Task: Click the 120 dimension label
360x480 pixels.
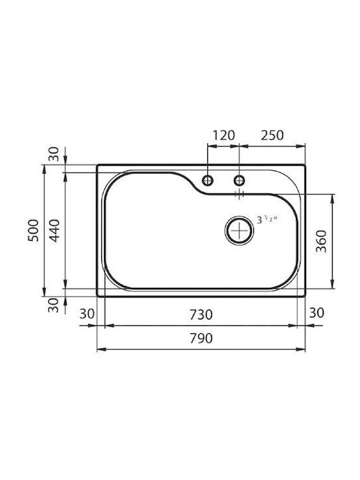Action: click(223, 135)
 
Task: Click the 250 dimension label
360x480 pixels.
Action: click(272, 135)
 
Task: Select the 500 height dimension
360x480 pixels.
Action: click(34, 230)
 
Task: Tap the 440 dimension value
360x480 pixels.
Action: click(55, 230)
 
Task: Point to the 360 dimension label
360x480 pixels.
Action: click(321, 241)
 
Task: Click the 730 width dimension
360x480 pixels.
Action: click(201, 315)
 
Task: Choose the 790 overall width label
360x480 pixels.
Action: click(201, 338)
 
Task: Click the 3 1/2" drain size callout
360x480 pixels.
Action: click(267, 219)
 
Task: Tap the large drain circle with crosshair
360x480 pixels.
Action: click(239, 230)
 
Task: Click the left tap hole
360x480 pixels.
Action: click(208, 180)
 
